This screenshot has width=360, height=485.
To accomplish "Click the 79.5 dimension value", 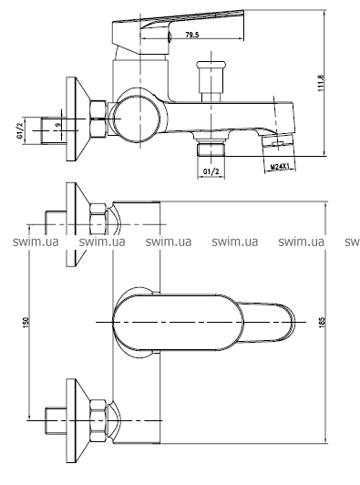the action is [191, 35].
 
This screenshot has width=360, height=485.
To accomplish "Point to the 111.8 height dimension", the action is [321, 83].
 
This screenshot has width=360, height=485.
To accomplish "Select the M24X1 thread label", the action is [280, 167].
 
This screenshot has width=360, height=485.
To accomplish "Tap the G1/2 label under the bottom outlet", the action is [211, 171].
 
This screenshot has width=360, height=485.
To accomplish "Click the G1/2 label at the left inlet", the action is [20, 130].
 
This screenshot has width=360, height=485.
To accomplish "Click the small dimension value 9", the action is [58, 125].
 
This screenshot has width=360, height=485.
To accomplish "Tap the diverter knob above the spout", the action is [211, 81].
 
